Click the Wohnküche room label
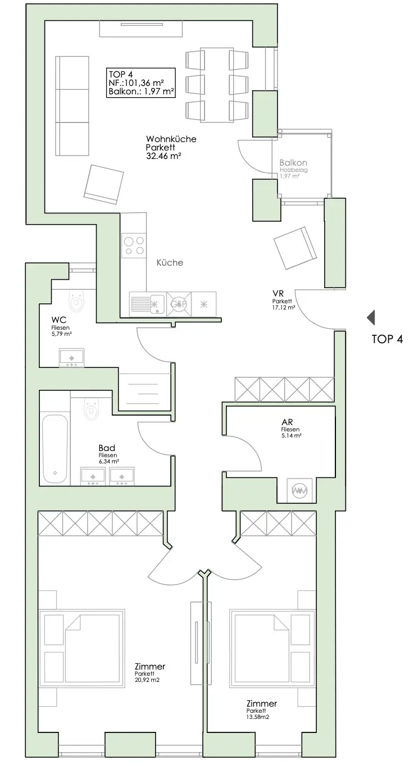171,139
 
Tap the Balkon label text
293,163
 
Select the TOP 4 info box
140,83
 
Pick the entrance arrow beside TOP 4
371,318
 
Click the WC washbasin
72,357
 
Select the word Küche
170,262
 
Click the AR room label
288,422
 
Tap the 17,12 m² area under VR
284,307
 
